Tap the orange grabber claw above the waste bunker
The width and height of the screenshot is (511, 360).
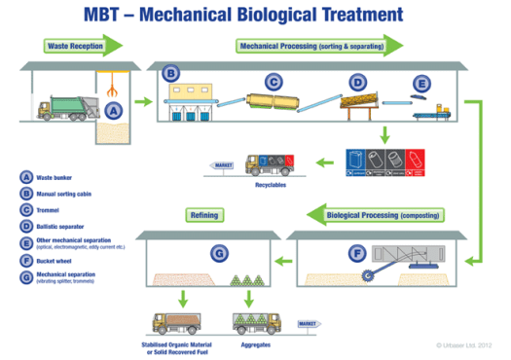(x=115, y=87)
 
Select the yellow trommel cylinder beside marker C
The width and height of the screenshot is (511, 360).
(x=276, y=99)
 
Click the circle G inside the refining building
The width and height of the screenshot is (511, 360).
(x=220, y=254)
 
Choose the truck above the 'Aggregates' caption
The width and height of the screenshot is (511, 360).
(x=255, y=320)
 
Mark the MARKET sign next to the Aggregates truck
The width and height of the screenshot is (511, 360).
(x=309, y=323)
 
